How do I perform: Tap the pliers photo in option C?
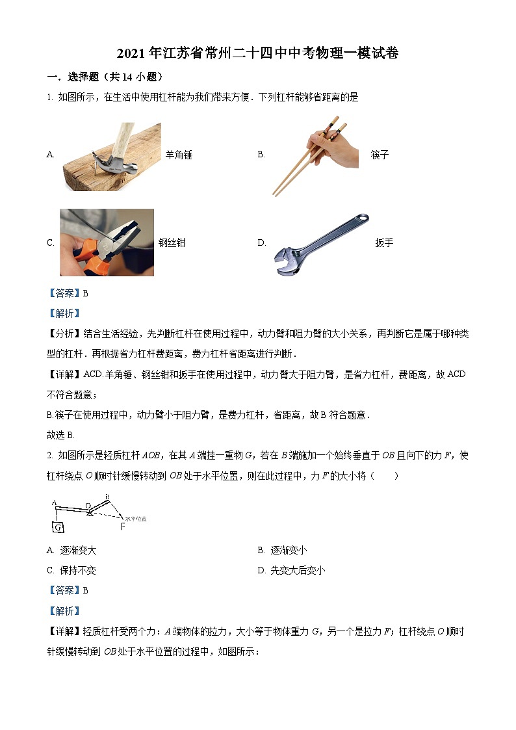pyautogui.click(x=107, y=242)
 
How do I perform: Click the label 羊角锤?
pyautogui.click(x=179, y=155)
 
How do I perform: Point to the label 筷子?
pyautogui.click(x=380, y=155)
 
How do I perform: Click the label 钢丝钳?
pyautogui.click(x=172, y=242)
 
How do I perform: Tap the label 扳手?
pyautogui.click(x=384, y=242)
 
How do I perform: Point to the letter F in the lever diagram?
pyautogui.click(x=122, y=527)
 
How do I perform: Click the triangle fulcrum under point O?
pyautogui.click(x=89, y=513)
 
